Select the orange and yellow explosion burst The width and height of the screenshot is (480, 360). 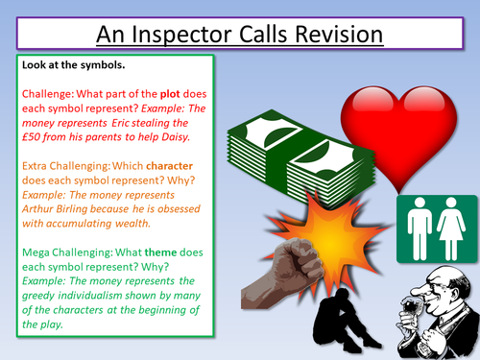click(x=298, y=245)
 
